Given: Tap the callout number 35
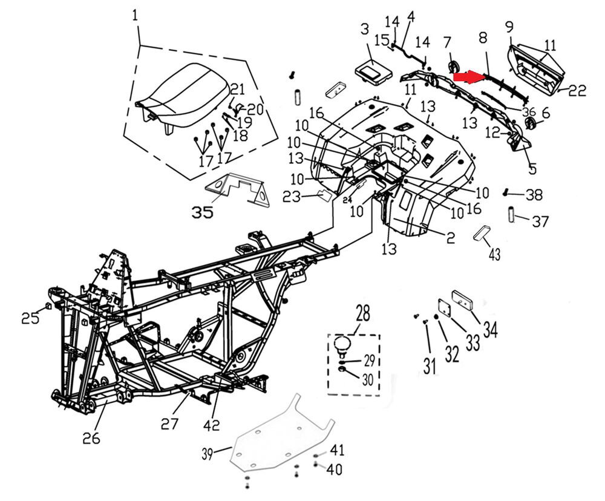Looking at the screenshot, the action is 203,212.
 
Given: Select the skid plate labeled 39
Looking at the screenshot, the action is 282,434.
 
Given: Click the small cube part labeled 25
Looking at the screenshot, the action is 48,306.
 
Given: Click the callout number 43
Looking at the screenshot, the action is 495,255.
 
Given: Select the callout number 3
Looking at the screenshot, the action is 365,29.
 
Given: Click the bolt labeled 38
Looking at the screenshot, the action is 506,192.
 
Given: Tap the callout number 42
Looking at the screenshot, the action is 211,425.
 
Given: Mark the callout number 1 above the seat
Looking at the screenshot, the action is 135,16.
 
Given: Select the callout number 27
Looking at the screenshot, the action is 170,424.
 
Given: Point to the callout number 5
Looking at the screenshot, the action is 532,168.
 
